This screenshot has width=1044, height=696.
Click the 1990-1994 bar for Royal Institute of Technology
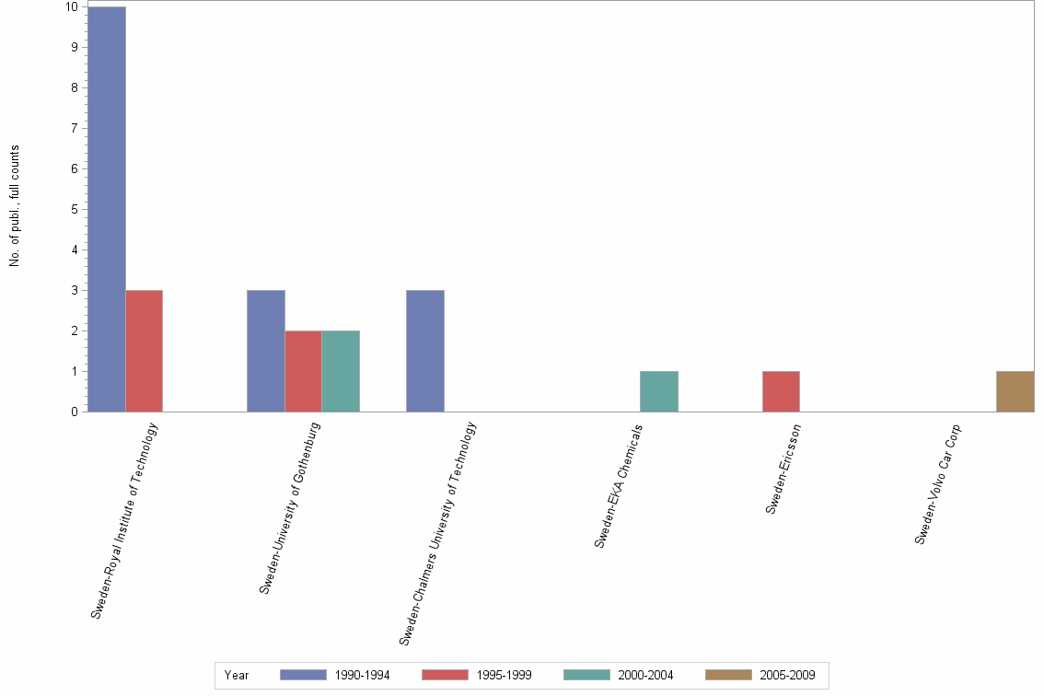point(107,209)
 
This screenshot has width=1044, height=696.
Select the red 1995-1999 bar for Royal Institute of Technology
point(145,351)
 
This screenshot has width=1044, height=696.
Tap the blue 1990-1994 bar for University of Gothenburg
point(266,351)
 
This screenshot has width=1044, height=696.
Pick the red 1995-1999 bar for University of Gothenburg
point(303,371)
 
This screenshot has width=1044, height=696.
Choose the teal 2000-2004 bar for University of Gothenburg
point(341,371)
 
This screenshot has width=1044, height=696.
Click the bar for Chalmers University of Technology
point(425,351)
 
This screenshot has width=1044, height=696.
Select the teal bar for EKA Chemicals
point(659,391)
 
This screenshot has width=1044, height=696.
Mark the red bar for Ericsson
point(781,391)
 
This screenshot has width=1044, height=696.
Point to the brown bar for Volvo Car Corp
point(1015,391)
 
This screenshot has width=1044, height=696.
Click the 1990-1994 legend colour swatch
point(303,675)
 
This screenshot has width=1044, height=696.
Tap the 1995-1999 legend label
point(504,675)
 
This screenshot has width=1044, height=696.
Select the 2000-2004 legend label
point(645,675)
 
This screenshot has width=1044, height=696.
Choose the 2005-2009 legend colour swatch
point(728,675)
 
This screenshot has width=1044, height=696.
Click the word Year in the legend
point(237,675)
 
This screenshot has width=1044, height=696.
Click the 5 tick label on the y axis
point(74,209)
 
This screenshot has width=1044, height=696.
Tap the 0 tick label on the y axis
point(74,412)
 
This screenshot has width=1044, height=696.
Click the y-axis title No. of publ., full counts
point(15,206)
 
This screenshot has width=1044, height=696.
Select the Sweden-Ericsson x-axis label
point(783,468)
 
